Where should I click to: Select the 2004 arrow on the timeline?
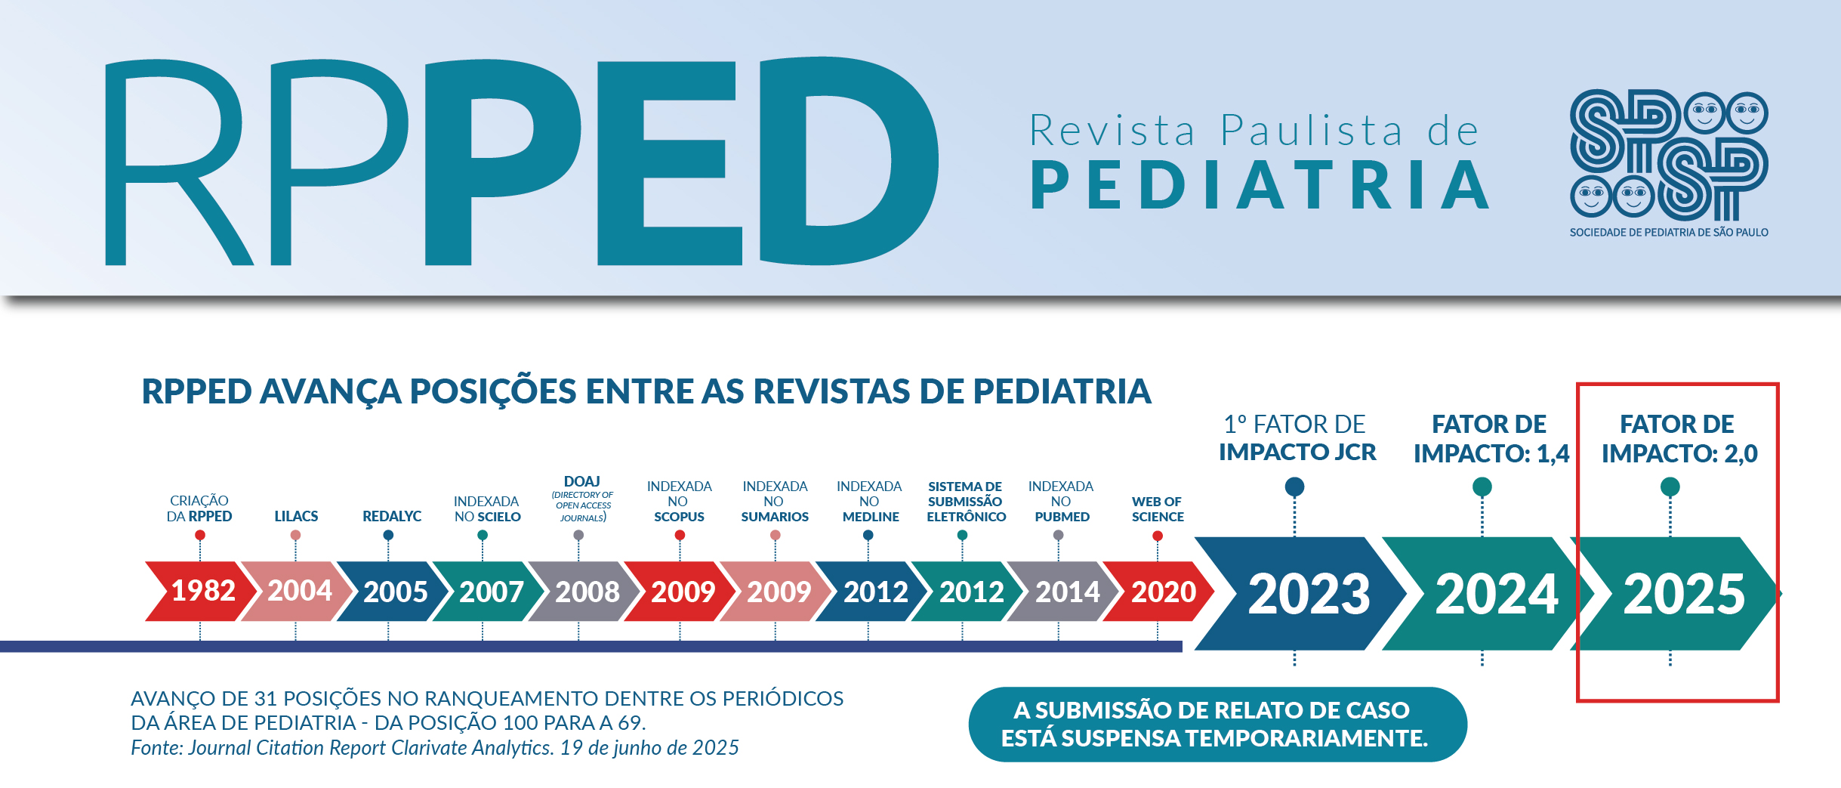[x=298, y=591]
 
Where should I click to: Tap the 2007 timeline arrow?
[x=489, y=592]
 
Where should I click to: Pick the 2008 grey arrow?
[x=585, y=592]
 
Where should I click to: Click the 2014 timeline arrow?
[x=1065, y=592]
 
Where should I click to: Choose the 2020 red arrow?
[x=1161, y=592]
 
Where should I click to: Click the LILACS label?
[x=296, y=516]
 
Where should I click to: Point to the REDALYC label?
[x=392, y=516]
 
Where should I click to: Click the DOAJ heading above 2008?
[x=581, y=481]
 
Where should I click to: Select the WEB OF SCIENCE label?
[x=1157, y=509]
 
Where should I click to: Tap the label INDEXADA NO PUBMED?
[x=1061, y=502]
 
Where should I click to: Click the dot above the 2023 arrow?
[x=1294, y=487]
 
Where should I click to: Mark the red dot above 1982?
[x=200, y=535]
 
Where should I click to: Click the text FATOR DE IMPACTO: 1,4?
[x=1491, y=438]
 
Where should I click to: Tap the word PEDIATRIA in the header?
[x=1260, y=185]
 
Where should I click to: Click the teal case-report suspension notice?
[x=1217, y=724]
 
